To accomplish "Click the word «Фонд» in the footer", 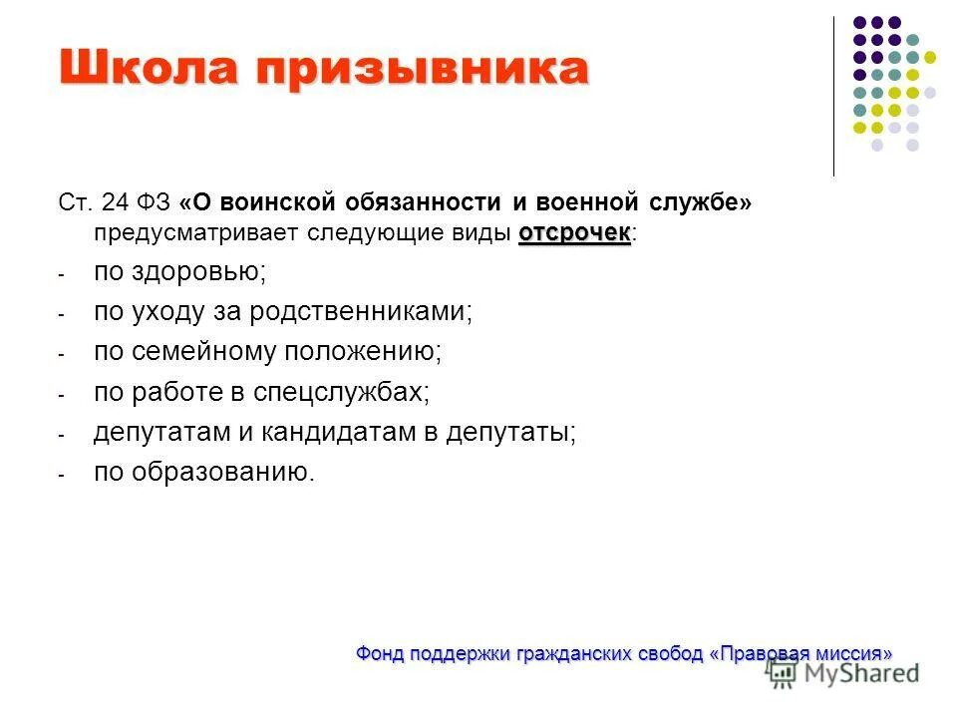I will click(x=377, y=654).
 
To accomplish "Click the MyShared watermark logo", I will click(x=843, y=673).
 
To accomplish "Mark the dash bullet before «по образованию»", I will click(x=61, y=475).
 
